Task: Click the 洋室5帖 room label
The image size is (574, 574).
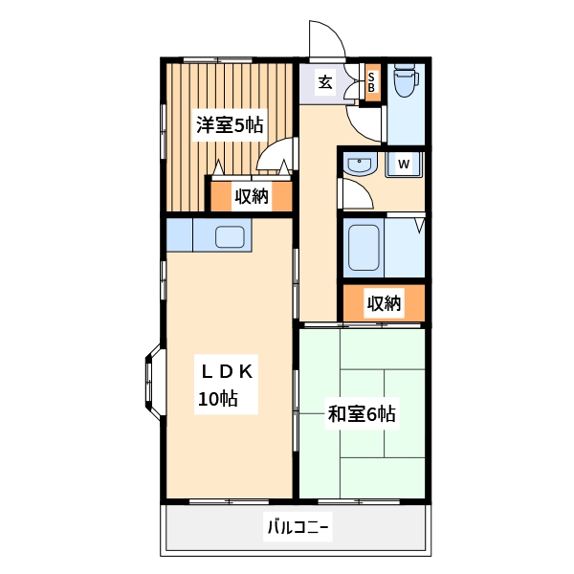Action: click(x=231, y=124)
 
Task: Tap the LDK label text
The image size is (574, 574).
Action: click(x=226, y=371)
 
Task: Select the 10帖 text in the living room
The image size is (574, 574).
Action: click(x=218, y=399)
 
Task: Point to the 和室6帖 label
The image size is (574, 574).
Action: click(x=362, y=414)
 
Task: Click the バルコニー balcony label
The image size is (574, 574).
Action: click(x=298, y=527)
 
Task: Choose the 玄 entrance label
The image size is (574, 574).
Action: click(x=325, y=82)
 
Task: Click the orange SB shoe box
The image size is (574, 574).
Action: click(x=372, y=79)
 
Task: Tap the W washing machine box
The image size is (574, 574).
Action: click(x=404, y=165)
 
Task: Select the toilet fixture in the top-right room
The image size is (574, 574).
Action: click(x=404, y=81)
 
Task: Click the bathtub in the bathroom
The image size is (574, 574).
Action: click(x=364, y=247)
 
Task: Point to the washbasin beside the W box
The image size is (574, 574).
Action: click(x=359, y=164)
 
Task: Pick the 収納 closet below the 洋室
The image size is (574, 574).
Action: click(x=252, y=197)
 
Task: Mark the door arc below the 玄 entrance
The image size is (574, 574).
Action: click(x=364, y=121)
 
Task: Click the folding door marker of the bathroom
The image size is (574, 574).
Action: click(x=419, y=226)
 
